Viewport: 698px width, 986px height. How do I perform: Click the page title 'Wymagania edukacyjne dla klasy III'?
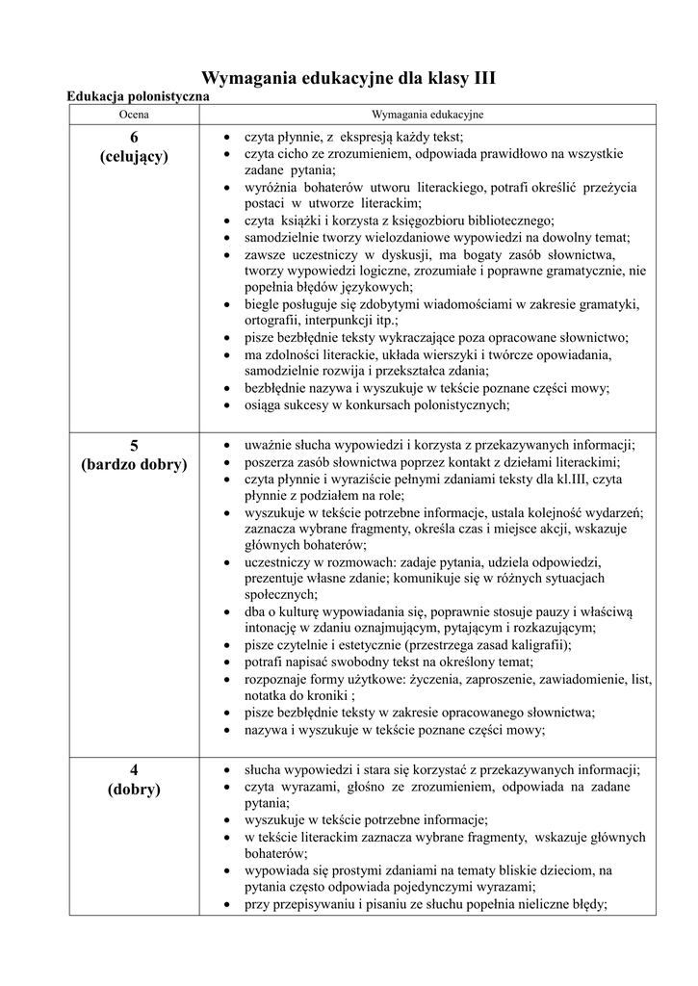click(348, 78)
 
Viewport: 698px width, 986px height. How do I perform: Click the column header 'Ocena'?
click(134, 115)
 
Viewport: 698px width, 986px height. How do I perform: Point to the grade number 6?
click(134, 137)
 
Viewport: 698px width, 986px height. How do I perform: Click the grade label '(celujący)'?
click(134, 156)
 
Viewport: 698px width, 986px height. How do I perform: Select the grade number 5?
click(134, 446)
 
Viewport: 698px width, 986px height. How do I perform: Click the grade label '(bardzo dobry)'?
click(134, 465)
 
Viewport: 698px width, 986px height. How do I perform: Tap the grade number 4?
click(134, 769)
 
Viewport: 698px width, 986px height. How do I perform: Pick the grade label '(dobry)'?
click(134, 790)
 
